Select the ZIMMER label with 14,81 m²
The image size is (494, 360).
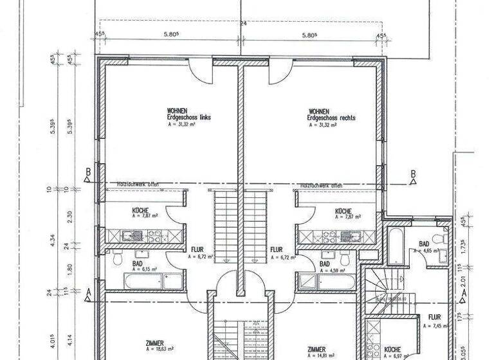click(318, 346)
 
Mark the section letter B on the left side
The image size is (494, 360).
click(87, 172)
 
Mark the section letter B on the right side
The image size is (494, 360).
click(413, 173)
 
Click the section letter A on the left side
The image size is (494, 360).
click(87, 291)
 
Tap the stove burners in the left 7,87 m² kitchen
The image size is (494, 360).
click(154, 236)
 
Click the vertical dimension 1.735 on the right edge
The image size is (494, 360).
click(465, 246)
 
